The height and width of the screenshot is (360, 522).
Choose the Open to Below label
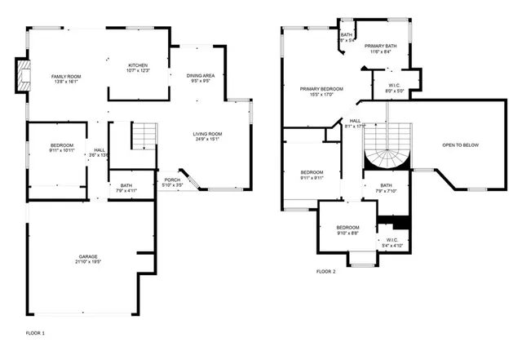pos(460,145)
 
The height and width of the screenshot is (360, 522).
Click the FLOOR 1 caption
pos(35,333)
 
